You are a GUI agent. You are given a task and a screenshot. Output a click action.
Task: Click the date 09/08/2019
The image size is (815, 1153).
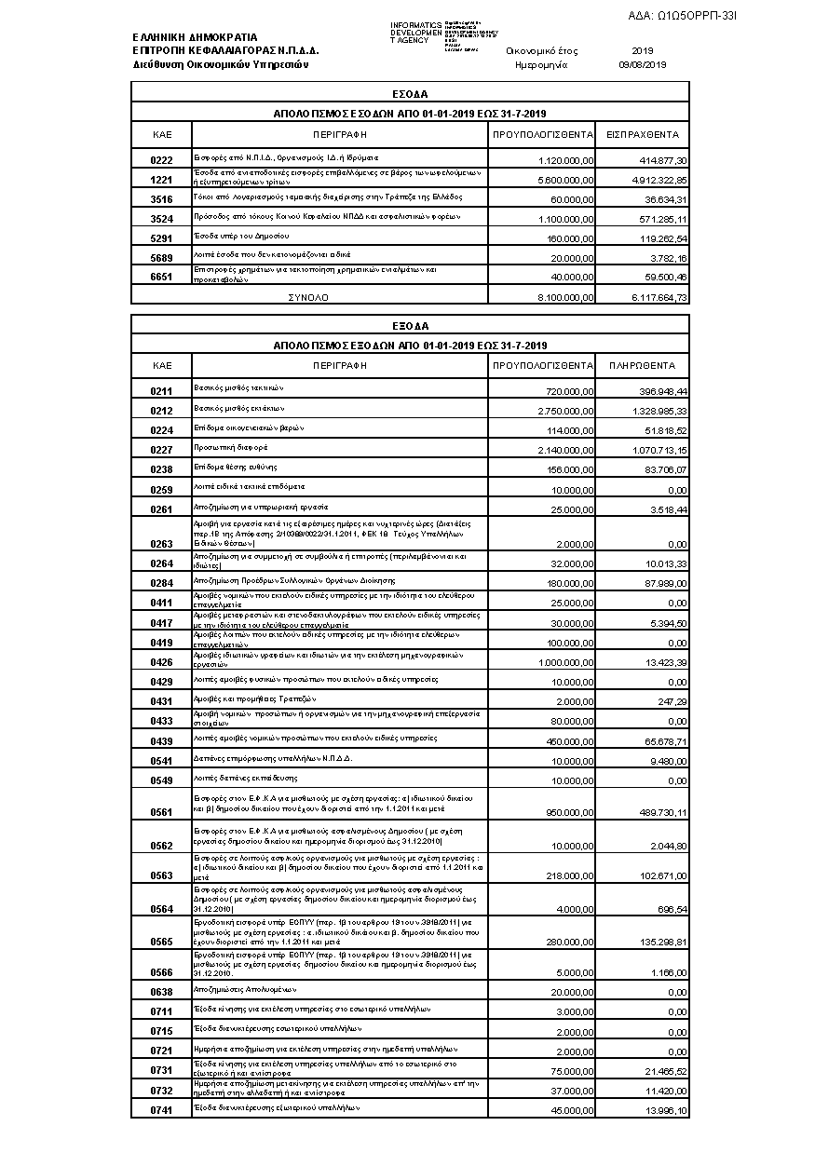pyautogui.click(x=643, y=65)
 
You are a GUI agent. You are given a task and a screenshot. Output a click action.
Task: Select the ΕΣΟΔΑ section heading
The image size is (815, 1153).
pyautogui.click(x=410, y=94)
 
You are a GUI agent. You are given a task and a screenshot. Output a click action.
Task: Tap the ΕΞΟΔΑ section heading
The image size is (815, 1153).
pyautogui.click(x=410, y=326)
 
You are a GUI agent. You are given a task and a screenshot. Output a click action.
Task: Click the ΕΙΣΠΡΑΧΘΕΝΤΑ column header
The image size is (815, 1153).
pyautogui.click(x=643, y=135)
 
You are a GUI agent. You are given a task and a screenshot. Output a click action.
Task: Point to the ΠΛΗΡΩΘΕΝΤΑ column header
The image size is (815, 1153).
pyautogui.click(x=643, y=366)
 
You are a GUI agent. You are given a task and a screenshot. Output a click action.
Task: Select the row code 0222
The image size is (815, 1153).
pyautogui.click(x=162, y=161)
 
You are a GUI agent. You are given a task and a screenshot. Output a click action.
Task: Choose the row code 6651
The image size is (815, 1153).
pyautogui.click(x=162, y=277)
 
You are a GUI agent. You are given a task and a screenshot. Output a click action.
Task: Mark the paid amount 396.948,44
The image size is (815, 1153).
pyautogui.click(x=659, y=392)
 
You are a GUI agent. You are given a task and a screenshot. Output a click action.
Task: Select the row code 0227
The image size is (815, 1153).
pyautogui.click(x=162, y=451)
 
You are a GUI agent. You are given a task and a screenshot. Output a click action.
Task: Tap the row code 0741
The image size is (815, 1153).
pyautogui.click(x=162, y=1111)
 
